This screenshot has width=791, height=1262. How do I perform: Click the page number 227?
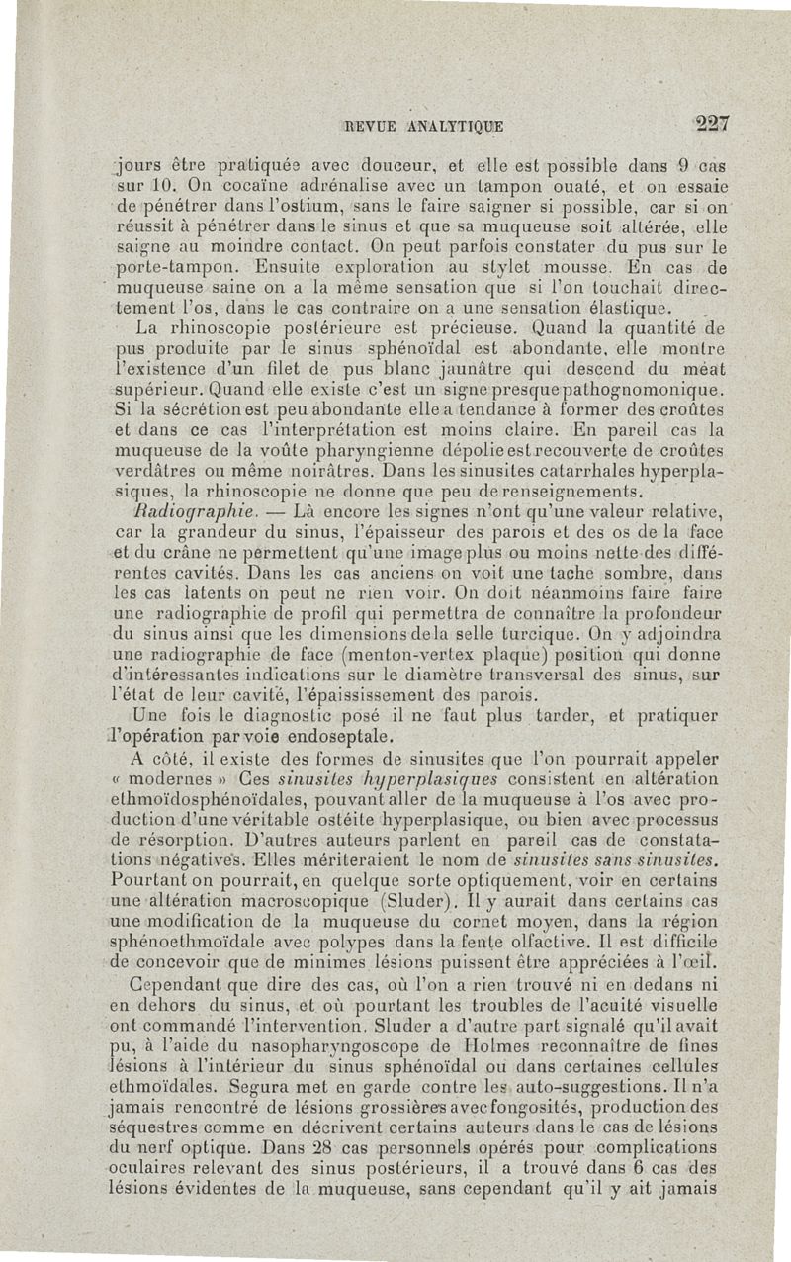[711, 124]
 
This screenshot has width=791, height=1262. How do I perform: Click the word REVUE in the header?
[370, 126]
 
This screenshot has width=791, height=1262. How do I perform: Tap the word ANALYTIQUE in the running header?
[455, 126]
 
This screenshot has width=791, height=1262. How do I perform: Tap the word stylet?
[530, 267]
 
